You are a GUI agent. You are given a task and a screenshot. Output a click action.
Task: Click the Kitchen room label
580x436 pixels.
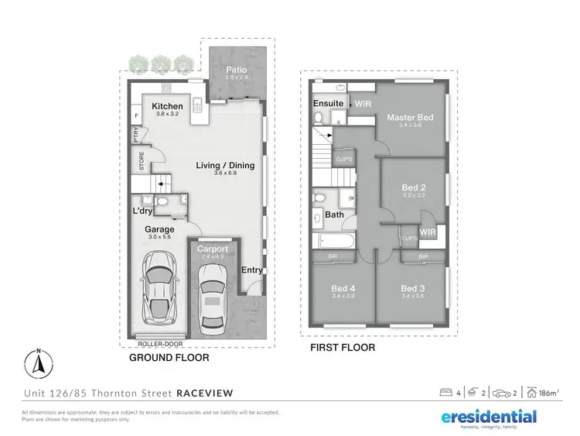167,106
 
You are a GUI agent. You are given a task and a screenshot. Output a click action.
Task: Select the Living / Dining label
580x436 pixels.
224,165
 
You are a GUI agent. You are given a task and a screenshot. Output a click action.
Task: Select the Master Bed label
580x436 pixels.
410,118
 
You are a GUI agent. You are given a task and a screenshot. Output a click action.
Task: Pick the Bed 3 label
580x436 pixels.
413,287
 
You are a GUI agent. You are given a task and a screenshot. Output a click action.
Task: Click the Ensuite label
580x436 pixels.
328,103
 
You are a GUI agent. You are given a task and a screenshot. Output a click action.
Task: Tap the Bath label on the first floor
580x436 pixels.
334,215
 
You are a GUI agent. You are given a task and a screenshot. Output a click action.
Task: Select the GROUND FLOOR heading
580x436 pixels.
169,359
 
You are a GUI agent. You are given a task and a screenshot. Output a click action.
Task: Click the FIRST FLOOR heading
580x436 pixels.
343,348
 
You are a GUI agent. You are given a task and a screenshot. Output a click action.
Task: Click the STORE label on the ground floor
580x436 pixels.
142,161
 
